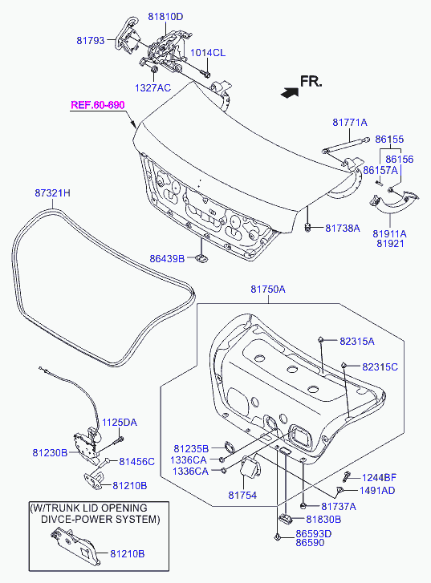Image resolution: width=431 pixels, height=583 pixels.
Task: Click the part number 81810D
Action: (165, 17)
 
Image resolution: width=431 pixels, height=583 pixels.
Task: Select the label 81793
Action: (91, 40)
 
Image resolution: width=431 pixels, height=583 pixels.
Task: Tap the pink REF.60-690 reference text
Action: (97, 105)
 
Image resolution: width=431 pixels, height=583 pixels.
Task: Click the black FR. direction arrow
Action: (290, 92)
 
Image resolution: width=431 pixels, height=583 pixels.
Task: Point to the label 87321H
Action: (52, 193)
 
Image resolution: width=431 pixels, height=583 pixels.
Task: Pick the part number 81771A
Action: (349, 123)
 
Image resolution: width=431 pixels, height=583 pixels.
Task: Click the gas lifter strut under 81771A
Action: (346, 145)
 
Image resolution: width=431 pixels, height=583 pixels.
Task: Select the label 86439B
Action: (167, 258)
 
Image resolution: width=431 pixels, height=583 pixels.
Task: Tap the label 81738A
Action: (343, 228)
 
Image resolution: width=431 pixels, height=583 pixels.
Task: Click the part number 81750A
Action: (268, 289)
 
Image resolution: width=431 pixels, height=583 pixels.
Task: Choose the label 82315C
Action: (380, 367)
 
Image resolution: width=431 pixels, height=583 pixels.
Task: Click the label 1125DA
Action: (120, 423)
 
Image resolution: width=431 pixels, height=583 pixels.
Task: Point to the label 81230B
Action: (50, 452)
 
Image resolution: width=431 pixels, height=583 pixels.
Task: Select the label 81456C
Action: (136, 461)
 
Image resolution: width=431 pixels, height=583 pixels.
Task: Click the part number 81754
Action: (242, 496)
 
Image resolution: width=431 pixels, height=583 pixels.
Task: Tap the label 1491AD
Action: (377, 491)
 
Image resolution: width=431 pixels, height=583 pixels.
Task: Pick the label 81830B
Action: (323, 519)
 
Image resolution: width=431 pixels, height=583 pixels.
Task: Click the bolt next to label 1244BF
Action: (348, 476)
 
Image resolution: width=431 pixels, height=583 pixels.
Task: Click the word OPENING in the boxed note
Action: (124, 508)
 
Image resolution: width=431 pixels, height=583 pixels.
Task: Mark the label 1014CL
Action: (208, 53)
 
